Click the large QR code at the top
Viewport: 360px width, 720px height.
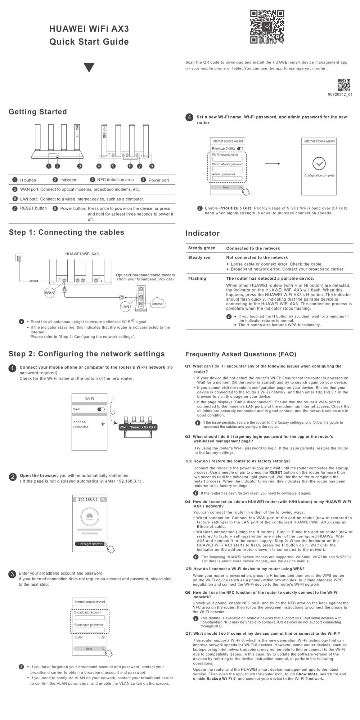pos(267,27)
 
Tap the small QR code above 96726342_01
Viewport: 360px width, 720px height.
pos(344,85)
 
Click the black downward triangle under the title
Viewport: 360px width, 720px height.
pos(89,68)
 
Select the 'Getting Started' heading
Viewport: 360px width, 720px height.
pos(38,112)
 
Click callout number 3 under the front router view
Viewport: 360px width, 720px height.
pos(80,166)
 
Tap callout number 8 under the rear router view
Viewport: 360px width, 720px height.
pos(152,166)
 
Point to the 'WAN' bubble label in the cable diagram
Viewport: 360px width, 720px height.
pos(50,293)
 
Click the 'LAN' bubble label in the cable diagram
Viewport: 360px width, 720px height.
pos(125,307)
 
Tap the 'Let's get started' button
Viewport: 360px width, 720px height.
pos(90,544)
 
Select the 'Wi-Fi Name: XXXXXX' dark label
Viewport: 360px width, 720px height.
pos(138,427)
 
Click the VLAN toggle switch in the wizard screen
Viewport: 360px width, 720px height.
pos(102,637)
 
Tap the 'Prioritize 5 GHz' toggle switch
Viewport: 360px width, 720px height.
pos(240,149)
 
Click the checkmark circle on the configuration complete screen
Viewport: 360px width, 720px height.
pos(319,163)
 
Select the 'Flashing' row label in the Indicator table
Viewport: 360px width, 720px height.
pos(197,279)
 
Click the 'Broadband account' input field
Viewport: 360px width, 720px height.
pos(89,618)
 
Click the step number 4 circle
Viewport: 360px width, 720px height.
pos(189,117)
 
